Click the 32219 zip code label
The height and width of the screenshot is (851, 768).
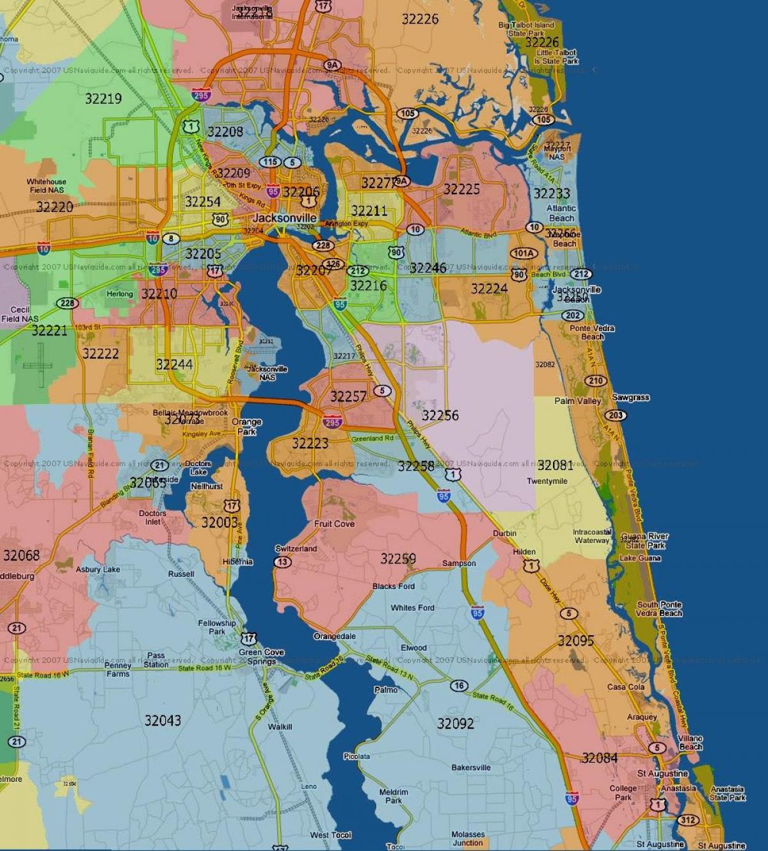103,99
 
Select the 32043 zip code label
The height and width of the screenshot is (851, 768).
163,720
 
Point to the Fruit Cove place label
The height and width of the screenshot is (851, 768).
334,524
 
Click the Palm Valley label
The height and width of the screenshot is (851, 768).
578,401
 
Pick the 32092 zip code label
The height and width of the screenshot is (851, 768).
456,724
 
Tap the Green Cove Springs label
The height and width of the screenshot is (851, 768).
261,657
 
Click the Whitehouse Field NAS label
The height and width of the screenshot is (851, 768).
46,186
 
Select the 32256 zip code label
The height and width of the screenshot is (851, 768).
440,416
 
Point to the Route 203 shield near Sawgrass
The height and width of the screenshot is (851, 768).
616,415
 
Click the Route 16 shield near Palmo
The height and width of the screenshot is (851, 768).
458,686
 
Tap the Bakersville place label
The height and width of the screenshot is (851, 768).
471,768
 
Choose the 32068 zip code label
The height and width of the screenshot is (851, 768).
21,555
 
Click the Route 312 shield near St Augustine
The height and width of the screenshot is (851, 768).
688,820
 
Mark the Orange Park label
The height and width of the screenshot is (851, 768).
246,426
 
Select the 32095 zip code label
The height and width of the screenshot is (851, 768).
575,640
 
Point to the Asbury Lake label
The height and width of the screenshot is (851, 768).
98,569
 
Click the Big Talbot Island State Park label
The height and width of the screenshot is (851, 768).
526,29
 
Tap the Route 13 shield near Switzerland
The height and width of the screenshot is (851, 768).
282,562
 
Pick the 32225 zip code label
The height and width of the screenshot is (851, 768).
461,189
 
